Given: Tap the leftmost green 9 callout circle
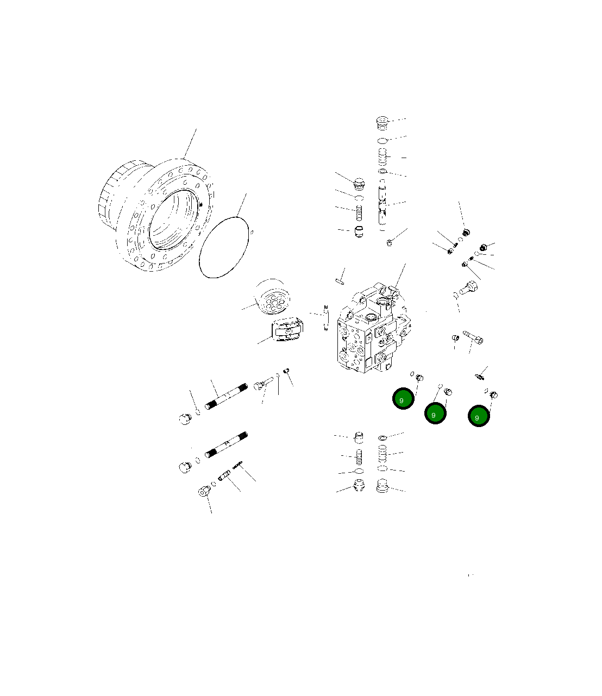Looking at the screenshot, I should tap(404, 399).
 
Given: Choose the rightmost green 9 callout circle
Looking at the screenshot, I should tap(479, 416).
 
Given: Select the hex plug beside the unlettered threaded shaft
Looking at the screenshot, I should tap(185, 418).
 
